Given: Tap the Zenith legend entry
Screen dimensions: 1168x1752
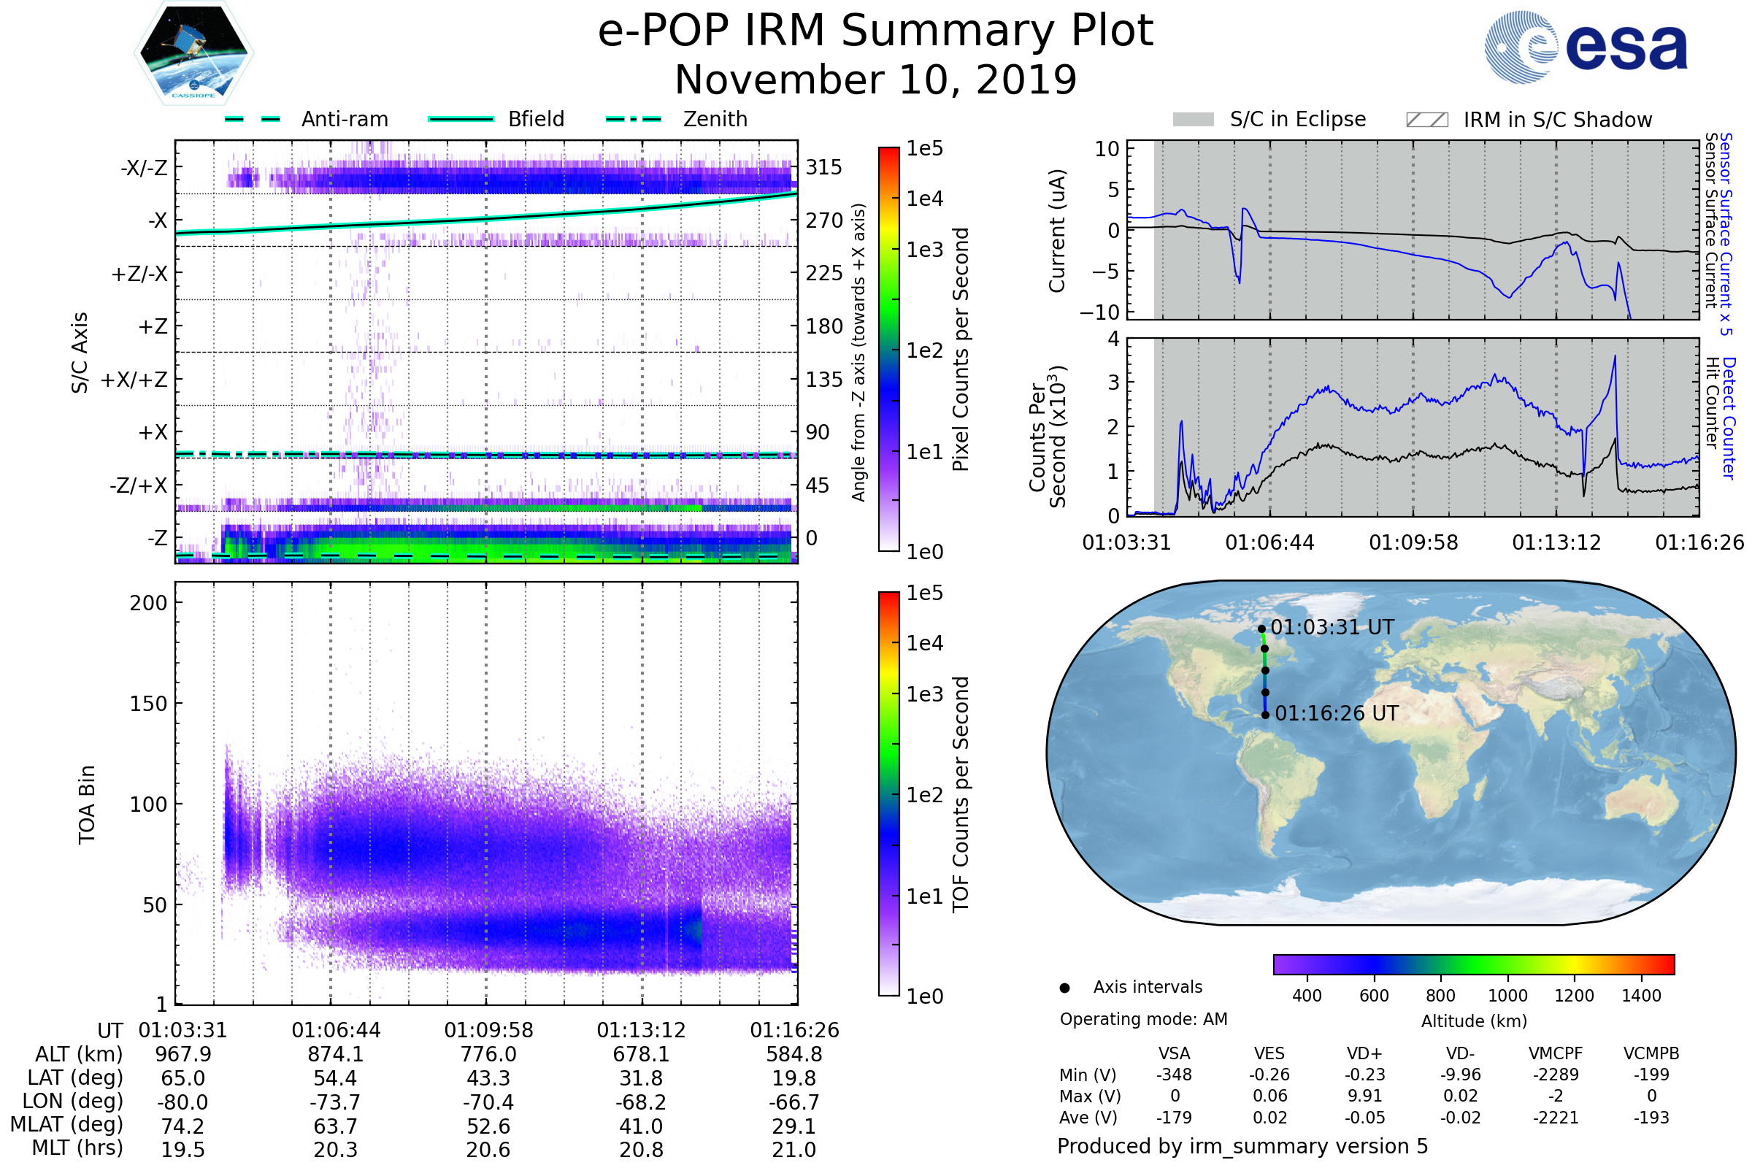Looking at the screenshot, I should (677, 119).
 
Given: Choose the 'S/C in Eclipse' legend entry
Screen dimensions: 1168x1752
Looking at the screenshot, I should (1269, 119).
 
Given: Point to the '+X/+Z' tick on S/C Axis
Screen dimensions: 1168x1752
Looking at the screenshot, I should (134, 380).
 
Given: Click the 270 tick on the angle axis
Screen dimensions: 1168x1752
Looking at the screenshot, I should (824, 220).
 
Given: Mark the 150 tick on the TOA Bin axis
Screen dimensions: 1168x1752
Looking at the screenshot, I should (148, 703).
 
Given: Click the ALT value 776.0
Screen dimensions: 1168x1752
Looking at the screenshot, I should (488, 1054).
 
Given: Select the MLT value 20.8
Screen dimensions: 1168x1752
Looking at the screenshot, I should (641, 1149).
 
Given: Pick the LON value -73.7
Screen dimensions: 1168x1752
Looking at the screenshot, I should (335, 1102).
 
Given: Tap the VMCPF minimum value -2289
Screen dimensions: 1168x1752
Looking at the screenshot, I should (1556, 1075).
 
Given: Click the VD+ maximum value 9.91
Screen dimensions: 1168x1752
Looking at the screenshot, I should (1364, 1096).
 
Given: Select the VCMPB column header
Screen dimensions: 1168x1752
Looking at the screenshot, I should (1651, 1053).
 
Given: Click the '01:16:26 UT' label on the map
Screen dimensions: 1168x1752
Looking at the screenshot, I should (1337, 714).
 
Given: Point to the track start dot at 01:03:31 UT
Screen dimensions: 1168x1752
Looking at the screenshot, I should (1262, 629).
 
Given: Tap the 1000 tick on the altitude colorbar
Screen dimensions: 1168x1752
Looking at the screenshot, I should (1507, 996).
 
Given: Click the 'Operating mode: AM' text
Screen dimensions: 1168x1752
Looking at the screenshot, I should (1143, 1019).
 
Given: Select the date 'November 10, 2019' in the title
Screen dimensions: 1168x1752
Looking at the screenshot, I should (875, 80).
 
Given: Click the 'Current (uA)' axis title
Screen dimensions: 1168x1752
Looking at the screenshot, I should (1057, 231).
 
